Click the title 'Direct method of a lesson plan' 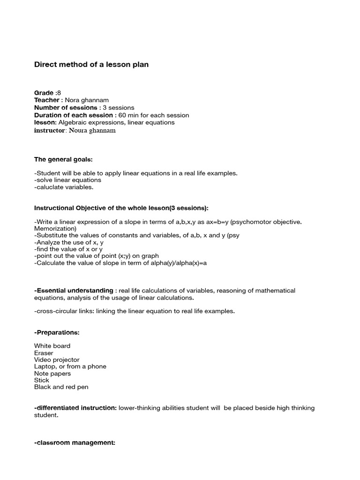tap(91, 65)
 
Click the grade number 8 tap(59, 93)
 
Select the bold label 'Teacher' tap(47, 100)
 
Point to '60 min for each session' tap(154, 115)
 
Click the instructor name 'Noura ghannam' tap(92, 130)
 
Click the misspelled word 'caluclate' tap(50, 187)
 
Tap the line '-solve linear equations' tap(68, 180)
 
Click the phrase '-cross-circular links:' tap(65, 311)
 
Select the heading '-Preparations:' tap(57, 332)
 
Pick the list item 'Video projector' tap(57, 360)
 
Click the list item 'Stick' tap(42, 380)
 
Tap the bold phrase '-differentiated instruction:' tap(75, 408)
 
